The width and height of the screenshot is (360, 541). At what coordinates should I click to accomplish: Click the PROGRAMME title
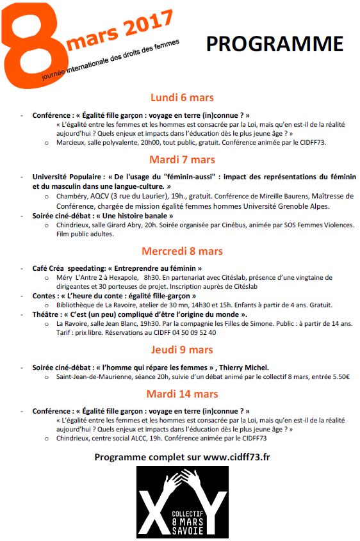274,44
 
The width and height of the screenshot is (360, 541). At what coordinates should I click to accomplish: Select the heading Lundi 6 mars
182,98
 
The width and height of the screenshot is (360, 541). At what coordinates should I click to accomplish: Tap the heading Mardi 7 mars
182,159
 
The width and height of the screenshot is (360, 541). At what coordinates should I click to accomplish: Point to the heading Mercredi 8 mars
182,251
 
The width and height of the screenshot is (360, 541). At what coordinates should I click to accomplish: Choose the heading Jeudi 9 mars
182,350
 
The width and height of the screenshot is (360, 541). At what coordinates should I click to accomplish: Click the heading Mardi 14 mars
182,394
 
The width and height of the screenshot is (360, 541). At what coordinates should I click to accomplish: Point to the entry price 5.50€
336,376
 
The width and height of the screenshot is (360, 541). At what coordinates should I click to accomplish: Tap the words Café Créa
49,268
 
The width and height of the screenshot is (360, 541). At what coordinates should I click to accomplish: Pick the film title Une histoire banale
141,216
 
